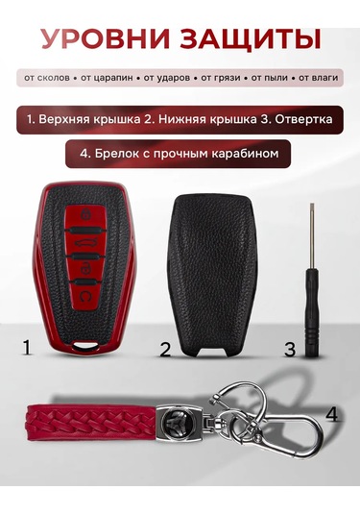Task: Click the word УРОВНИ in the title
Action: pyautogui.click(x=106, y=38)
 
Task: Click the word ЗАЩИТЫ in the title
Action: pyautogui.click(x=251, y=39)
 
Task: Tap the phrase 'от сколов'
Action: pyautogui.click(x=47, y=78)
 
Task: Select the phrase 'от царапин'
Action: pyautogui.click(x=107, y=78)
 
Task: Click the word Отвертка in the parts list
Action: pyautogui.click(x=303, y=119)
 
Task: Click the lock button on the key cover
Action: pyautogui.click(x=86, y=215)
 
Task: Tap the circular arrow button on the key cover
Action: pyautogui.click(x=84, y=296)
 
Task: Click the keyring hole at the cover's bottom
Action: pyautogui.click(x=86, y=345)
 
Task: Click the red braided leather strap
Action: pyautogui.click(x=93, y=420)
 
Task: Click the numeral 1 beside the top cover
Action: pyautogui.click(x=27, y=348)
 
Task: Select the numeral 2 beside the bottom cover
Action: pyautogui.click(x=165, y=350)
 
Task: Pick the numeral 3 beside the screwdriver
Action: pyautogui.click(x=290, y=350)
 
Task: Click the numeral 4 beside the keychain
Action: pyautogui.click(x=331, y=414)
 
